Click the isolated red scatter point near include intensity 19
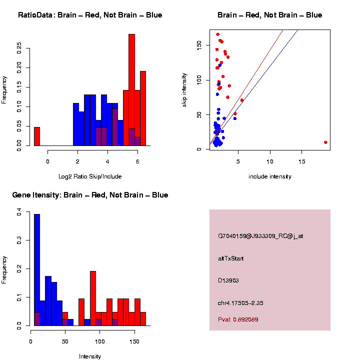(325, 142)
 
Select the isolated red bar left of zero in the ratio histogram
(37, 136)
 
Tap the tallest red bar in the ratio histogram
(132, 90)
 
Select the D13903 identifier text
(228, 280)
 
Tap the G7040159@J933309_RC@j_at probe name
(260, 236)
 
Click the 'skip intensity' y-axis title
(184, 89)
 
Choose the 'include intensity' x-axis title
(270, 176)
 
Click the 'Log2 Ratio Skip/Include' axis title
(90, 176)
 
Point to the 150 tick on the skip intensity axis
(199, 45)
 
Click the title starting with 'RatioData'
(90, 15)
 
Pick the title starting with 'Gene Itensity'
(90, 195)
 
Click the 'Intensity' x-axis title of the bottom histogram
(90, 356)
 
